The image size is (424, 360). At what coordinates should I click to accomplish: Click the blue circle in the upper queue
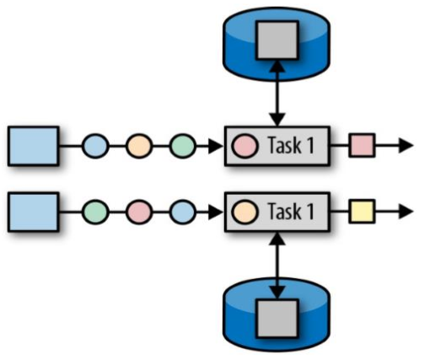(x=96, y=146)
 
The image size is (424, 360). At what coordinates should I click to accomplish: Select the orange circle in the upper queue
(x=139, y=146)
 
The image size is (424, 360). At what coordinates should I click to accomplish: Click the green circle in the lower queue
(x=96, y=211)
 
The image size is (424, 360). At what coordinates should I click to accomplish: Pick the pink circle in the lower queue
(x=139, y=211)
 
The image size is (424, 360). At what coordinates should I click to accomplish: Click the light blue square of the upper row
(x=33, y=146)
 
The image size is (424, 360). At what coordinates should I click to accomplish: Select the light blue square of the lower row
(x=33, y=211)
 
